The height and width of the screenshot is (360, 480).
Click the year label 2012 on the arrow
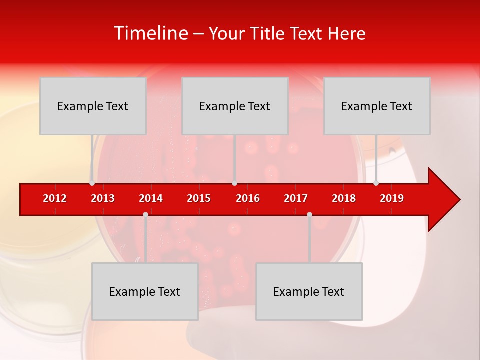(x=55, y=198)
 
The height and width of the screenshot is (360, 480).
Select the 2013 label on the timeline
(x=103, y=198)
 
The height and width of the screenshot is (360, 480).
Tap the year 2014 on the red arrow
(x=151, y=198)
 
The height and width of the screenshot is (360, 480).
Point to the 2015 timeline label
(x=199, y=198)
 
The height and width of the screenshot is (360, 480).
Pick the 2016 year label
(x=248, y=198)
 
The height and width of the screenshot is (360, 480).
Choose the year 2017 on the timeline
(x=296, y=198)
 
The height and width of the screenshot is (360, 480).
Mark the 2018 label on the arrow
(x=344, y=198)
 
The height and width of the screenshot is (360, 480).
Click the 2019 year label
(x=392, y=198)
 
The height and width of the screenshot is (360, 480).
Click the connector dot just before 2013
(x=92, y=183)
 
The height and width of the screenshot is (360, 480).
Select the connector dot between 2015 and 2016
(x=234, y=183)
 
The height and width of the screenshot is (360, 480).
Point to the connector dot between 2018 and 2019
(x=376, y=183)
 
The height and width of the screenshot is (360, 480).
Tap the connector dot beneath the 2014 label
(x=145, y=214)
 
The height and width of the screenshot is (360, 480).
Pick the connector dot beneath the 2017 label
(x=309, y=214)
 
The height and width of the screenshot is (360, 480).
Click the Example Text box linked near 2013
(x=93, y=106)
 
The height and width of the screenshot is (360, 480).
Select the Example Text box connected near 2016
(x=235, y=106)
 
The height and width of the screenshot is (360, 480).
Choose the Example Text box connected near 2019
(x=377, y=106)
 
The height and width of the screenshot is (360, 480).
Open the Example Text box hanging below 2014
(x=145, y=291)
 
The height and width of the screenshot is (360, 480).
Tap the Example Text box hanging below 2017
(x=309, y=291)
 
